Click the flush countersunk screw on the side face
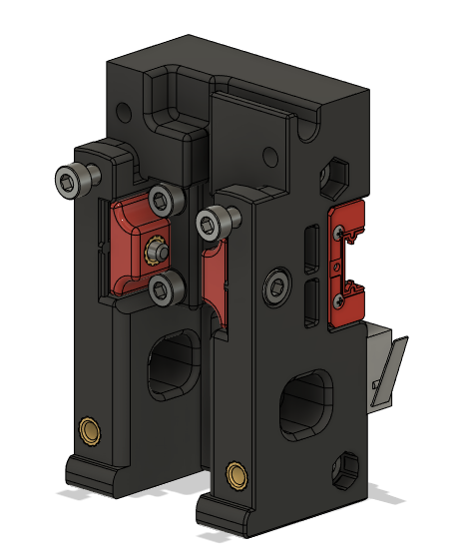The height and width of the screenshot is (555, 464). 275,288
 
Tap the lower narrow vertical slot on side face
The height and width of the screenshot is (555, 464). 310,301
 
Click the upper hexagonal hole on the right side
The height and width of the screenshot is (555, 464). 333,177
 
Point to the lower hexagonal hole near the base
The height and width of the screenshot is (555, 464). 348,466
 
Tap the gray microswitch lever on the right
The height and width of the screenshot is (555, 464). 391,369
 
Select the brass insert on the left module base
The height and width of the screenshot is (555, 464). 91,431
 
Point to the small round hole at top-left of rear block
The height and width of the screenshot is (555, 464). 123,109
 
